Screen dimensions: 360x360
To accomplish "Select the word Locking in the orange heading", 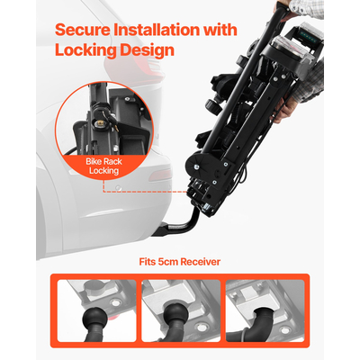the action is [85, 50].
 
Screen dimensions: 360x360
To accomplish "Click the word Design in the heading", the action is [146, 50].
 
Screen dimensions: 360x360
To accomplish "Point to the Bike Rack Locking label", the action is [103, 166].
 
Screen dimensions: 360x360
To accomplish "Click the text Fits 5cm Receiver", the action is [180, 262].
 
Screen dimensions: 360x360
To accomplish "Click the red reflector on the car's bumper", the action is [159, 175].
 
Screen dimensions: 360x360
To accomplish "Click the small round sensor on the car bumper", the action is [119, 188].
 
